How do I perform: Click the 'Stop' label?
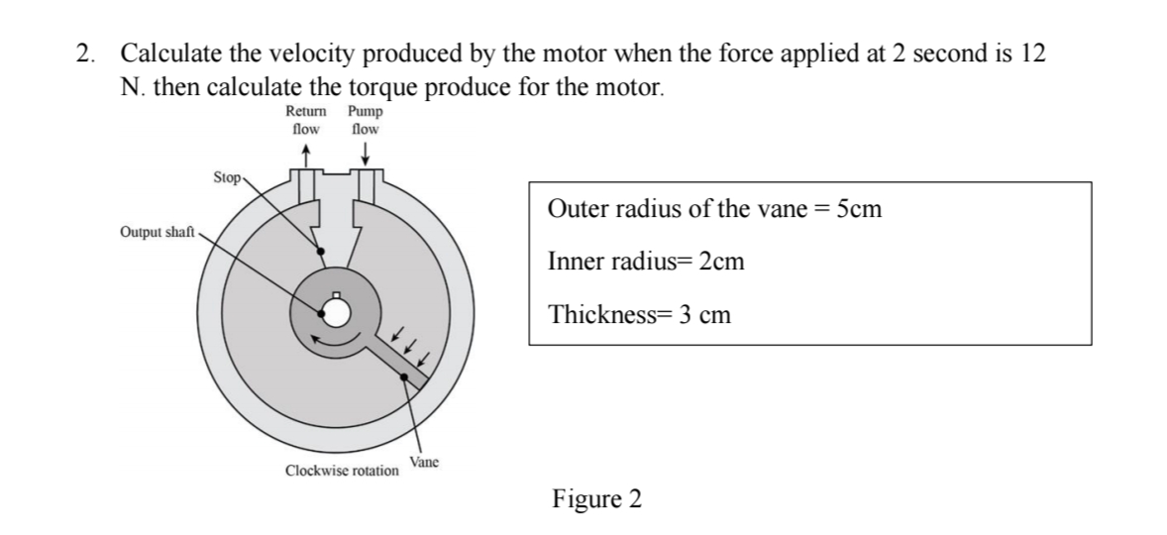point(227,178)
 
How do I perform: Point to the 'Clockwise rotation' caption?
point(342,471)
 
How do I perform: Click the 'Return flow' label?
point(305,122)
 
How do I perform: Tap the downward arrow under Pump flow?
point(366,154)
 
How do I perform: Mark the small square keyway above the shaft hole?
point(336,294)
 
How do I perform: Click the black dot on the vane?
point(404,376)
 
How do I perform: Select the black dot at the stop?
point(318,250)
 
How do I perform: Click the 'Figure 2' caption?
point(596,498)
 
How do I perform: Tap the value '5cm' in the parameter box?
point(859,210)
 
